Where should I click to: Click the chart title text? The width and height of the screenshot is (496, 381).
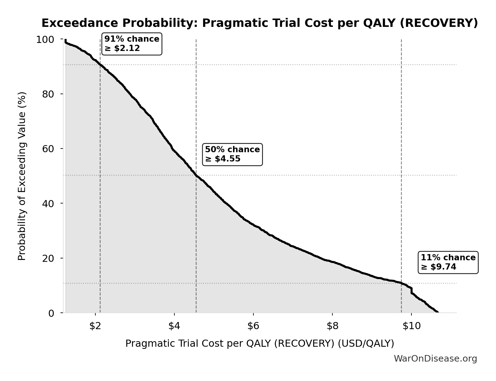coord(260,23)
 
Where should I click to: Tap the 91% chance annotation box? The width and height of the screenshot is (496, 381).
coord(132,44)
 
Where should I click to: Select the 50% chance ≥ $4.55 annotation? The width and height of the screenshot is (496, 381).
coord(232,154)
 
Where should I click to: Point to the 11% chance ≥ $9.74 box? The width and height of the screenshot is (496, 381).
coord(448,262)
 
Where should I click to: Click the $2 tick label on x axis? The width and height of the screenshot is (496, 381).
coord(95,326)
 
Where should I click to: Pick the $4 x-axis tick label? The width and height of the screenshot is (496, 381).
coord(174,326)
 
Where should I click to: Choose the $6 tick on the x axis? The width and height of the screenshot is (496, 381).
coord(253,326)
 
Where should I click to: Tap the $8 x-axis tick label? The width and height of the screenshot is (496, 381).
coord(332,326)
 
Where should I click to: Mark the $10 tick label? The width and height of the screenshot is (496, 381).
coord(411,326)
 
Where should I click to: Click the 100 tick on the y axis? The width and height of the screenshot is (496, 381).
coord(45,40)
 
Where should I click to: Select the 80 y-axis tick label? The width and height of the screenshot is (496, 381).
coord(48,94)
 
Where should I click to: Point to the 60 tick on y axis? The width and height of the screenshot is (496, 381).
coord(48,149)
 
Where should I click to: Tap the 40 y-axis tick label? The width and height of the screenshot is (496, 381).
coord(48,203)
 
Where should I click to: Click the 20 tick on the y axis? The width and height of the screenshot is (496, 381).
coord(48,258)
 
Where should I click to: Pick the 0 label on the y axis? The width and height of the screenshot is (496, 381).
coord(51,313)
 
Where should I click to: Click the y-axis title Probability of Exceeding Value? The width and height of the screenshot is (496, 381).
coord(22,176)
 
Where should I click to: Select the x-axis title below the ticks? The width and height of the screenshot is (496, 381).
coord(260,344)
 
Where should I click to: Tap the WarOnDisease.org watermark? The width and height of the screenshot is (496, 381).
coord(435,359)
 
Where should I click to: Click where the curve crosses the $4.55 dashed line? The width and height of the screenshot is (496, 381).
coord(196,176)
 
